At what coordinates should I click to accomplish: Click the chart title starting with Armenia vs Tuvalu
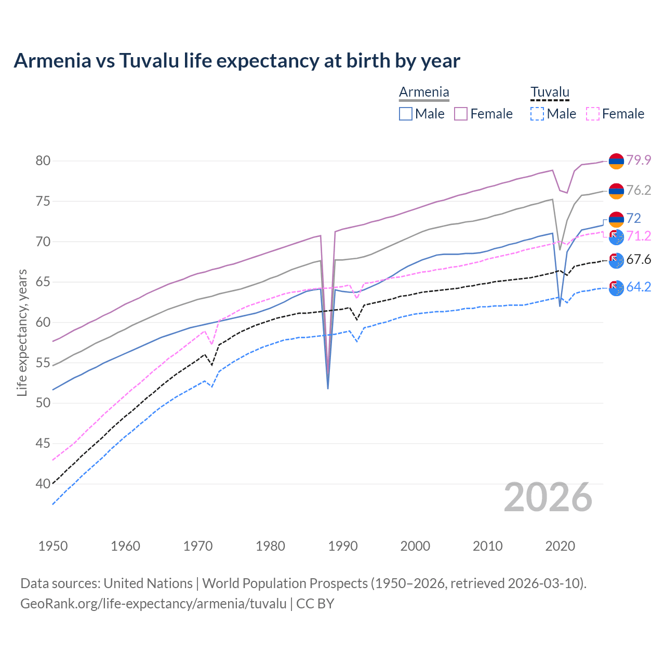(x=237, y=61)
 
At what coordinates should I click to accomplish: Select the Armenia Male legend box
(x=406, y=114)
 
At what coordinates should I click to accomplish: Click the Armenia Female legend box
(x=461, y=114)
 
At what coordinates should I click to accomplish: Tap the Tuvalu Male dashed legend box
(x=537, y=114)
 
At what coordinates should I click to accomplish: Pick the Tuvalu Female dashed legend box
(x=593, y=114)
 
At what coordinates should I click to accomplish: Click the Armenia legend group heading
(x=424, y=92)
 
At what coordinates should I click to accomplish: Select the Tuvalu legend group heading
(x=550, y=92)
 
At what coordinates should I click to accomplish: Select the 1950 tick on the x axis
(x=53, y=546)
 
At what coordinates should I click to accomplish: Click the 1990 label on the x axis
(x=343, y=546)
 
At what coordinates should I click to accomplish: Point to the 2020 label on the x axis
(x=560, y=546)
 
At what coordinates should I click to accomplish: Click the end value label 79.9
(x=639, y=161)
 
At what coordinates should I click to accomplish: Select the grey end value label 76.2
(x=639, y=191)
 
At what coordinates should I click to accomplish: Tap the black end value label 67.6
(x=639, y=259)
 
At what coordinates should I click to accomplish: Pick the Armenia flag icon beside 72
(x=616, y=219)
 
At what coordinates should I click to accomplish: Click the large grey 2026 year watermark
(x=548, y=497)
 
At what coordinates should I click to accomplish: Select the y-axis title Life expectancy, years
(x=22, y=332)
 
